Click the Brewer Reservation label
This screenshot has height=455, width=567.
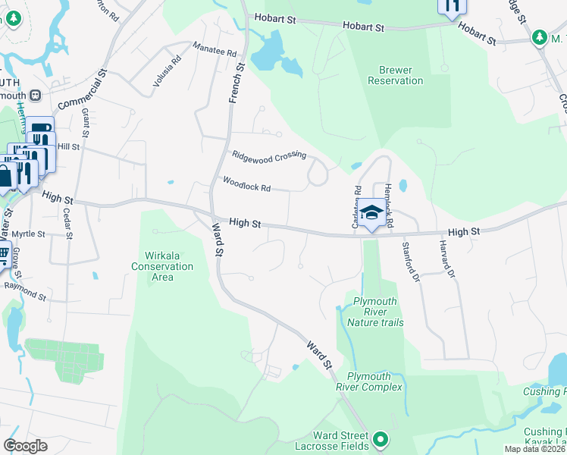(x=395, y=75)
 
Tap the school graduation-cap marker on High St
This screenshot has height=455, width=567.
(x=371, y=214)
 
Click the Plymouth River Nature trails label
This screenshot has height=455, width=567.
(x=375, y=312)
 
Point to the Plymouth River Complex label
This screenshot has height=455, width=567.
(x=374, y=381)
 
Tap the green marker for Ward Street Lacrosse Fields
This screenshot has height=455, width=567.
(x=381, y=438)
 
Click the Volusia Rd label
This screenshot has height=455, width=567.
(x=168, y=70)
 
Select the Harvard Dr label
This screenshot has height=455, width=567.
(x=446, y=257)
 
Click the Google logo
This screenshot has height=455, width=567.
(x=26, y=445)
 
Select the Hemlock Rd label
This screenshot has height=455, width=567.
(x=389, y=205)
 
